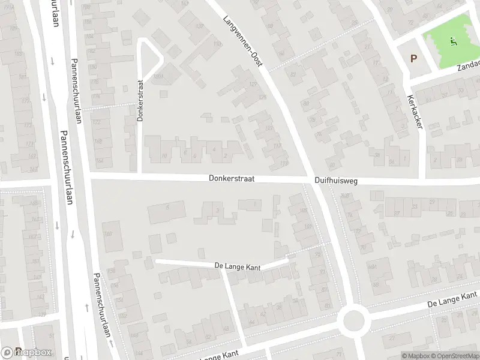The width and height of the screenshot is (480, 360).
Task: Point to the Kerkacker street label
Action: (x=415, y=112)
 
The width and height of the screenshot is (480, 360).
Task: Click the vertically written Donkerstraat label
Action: (x=140, y=101)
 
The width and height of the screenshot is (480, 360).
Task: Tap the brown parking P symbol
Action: (x=413, y=58)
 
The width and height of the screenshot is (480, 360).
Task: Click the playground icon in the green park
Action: (x=454, y=41)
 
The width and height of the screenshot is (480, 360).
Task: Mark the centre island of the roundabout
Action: (x=353, y=322)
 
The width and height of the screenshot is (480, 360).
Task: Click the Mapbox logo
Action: (x=27, y=352)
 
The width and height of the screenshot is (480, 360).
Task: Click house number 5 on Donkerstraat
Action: (x=167, y=208)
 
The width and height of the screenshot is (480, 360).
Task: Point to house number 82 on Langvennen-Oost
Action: (x=293, y=75)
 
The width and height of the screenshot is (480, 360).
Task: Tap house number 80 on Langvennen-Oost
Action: (x=306, y=103)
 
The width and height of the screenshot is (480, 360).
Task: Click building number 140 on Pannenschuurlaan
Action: (x=109, y=233)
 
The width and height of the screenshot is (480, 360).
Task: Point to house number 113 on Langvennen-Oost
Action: (x=284, y=163)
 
